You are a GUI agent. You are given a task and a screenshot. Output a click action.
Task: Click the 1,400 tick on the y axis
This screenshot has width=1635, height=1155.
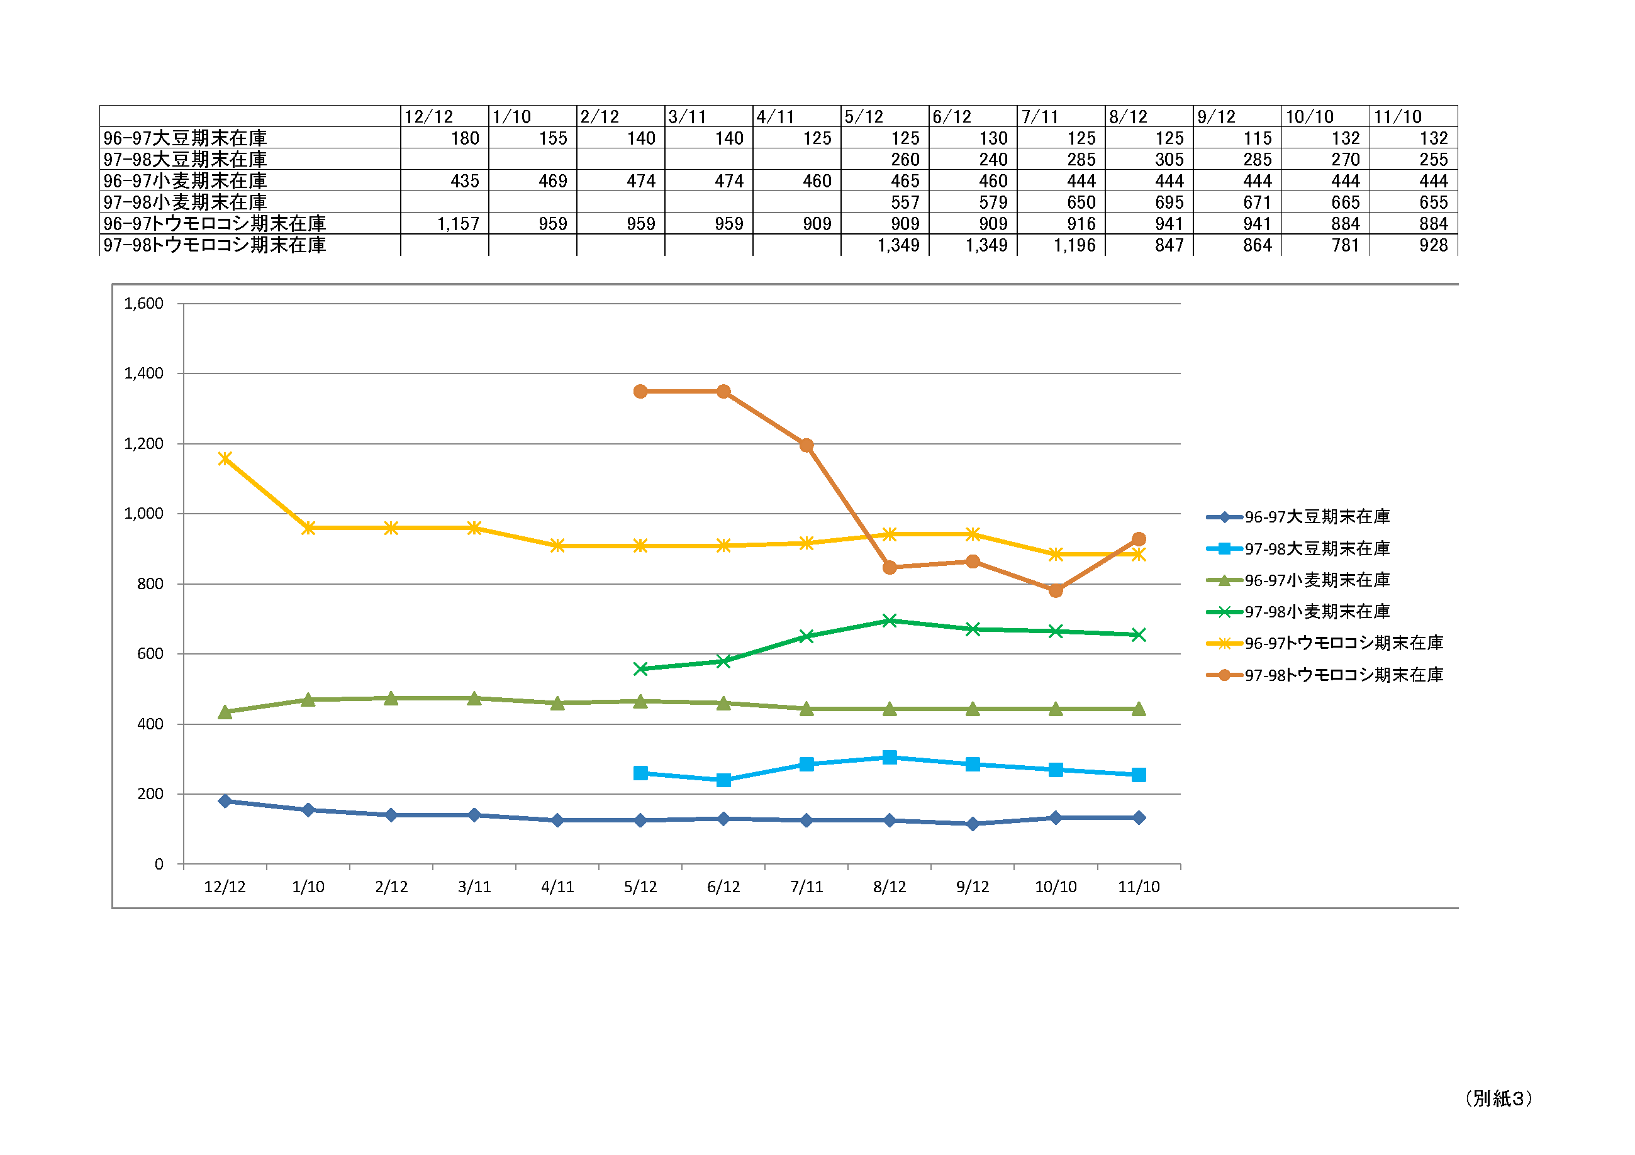click(144, 373)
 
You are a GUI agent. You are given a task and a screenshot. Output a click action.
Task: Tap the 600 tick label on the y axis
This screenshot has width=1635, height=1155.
click(150, 654)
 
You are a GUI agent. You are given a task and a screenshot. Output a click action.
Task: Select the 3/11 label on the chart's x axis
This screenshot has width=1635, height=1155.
click(474, 887)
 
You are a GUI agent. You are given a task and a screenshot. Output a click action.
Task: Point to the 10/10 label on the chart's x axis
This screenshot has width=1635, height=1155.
click(1056, 887)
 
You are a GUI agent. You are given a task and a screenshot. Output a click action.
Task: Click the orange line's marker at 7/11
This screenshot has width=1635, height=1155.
click(806, 446)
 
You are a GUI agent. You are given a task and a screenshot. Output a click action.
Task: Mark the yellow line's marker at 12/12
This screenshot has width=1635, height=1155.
click(225, 459)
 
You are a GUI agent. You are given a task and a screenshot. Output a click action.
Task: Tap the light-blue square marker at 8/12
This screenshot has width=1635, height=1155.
click(890, 757)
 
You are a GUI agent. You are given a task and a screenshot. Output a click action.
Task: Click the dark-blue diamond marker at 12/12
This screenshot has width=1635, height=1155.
click(225, 801)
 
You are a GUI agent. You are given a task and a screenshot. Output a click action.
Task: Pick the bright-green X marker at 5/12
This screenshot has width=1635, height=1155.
click(640, 669)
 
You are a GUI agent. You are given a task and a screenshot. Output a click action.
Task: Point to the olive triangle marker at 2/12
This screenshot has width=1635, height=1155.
click(391, 699)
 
